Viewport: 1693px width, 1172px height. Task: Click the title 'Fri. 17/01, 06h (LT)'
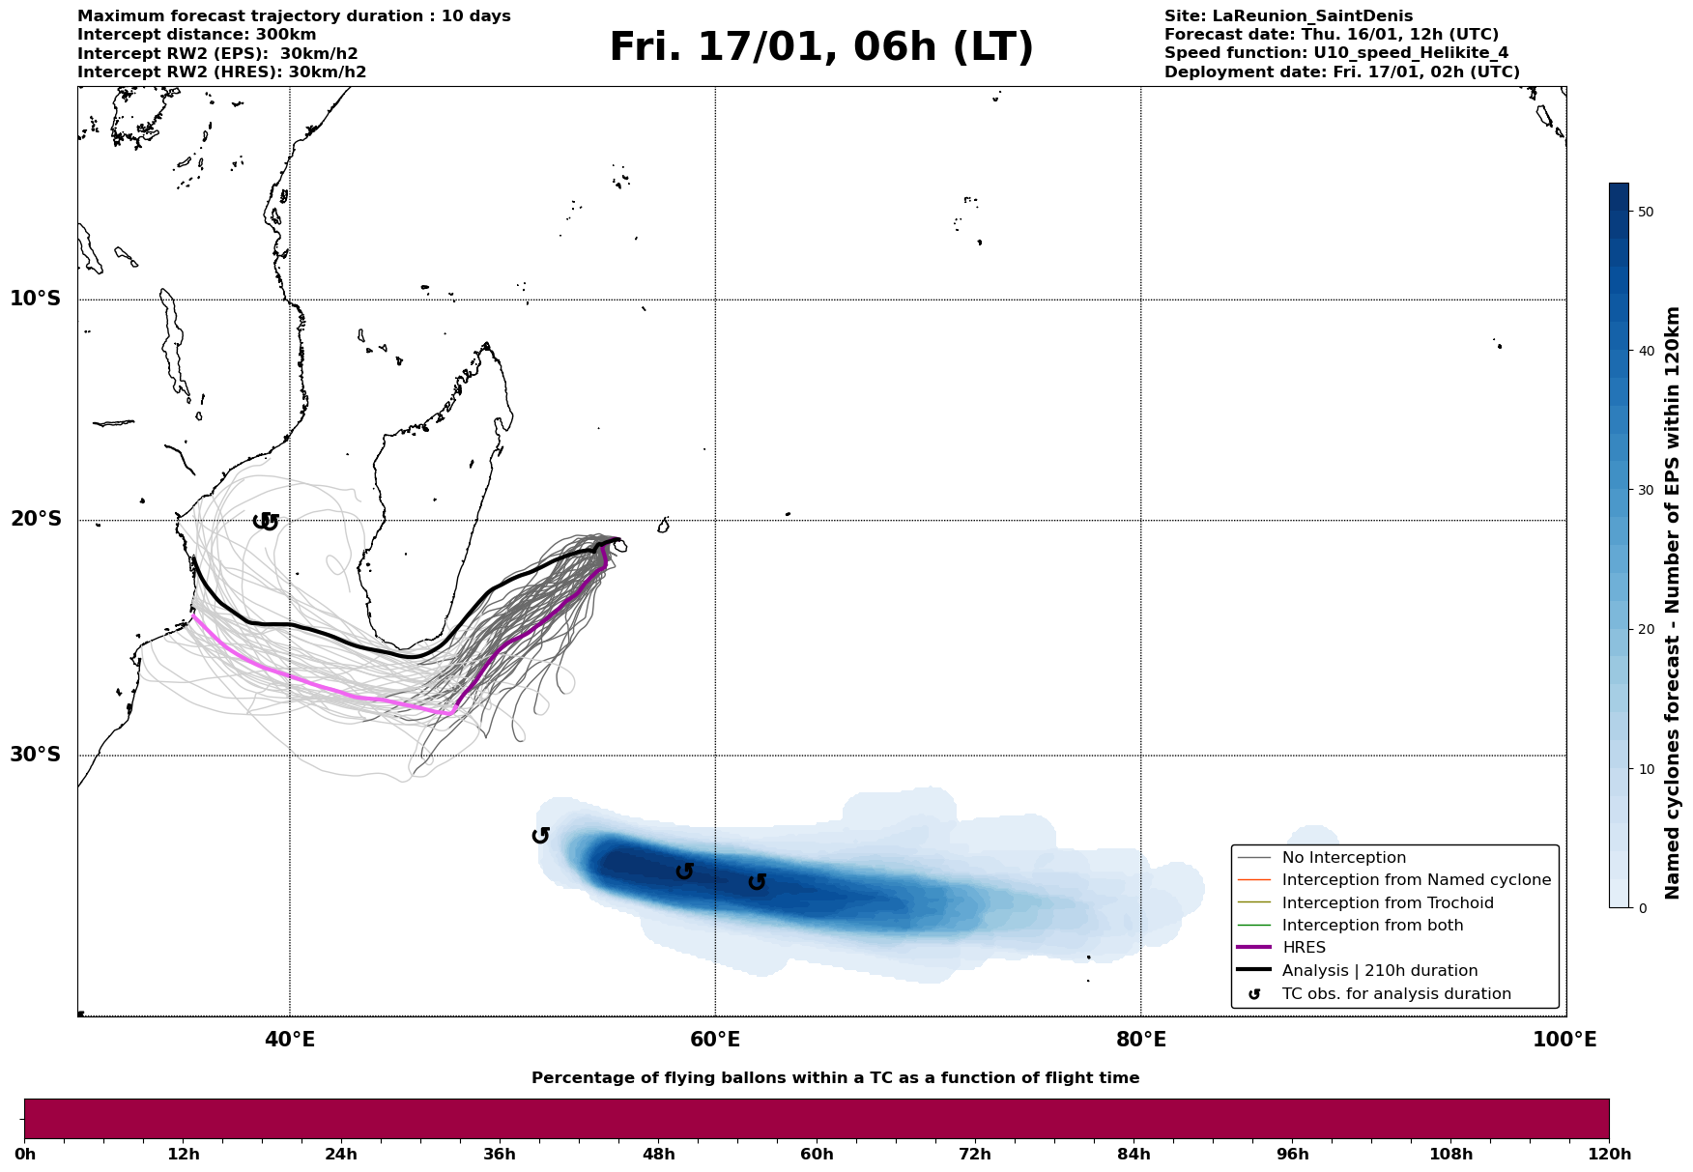(820, 48)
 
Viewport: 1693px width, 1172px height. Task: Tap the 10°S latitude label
(36, 299)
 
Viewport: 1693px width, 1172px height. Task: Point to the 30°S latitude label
(36, 755)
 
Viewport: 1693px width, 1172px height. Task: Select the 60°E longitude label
(715, 1040)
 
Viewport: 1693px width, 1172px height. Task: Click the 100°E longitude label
(1564, 1040)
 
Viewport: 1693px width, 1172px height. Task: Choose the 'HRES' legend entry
(1303, 948)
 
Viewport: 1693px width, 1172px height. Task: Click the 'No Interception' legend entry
(1343, 858)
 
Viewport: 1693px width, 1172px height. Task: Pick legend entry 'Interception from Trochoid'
(1387, 903)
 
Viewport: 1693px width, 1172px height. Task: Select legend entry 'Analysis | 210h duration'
(1379, 971)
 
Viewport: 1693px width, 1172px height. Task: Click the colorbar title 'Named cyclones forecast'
(1673, 603)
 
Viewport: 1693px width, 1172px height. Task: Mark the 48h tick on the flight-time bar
(658, 1154)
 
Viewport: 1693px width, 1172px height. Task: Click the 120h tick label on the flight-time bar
(1608, 1154)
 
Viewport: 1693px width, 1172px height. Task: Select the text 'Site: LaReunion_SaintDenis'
(1288, 16)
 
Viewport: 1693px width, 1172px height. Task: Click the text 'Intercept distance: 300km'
(196, 35)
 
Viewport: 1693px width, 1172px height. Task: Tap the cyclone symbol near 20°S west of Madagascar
(266, 522)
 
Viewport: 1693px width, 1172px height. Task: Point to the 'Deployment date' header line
(1341, 72)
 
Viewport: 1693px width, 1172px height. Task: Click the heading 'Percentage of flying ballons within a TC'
(835, 1078)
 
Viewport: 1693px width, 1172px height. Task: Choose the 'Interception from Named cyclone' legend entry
(1416, 880)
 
